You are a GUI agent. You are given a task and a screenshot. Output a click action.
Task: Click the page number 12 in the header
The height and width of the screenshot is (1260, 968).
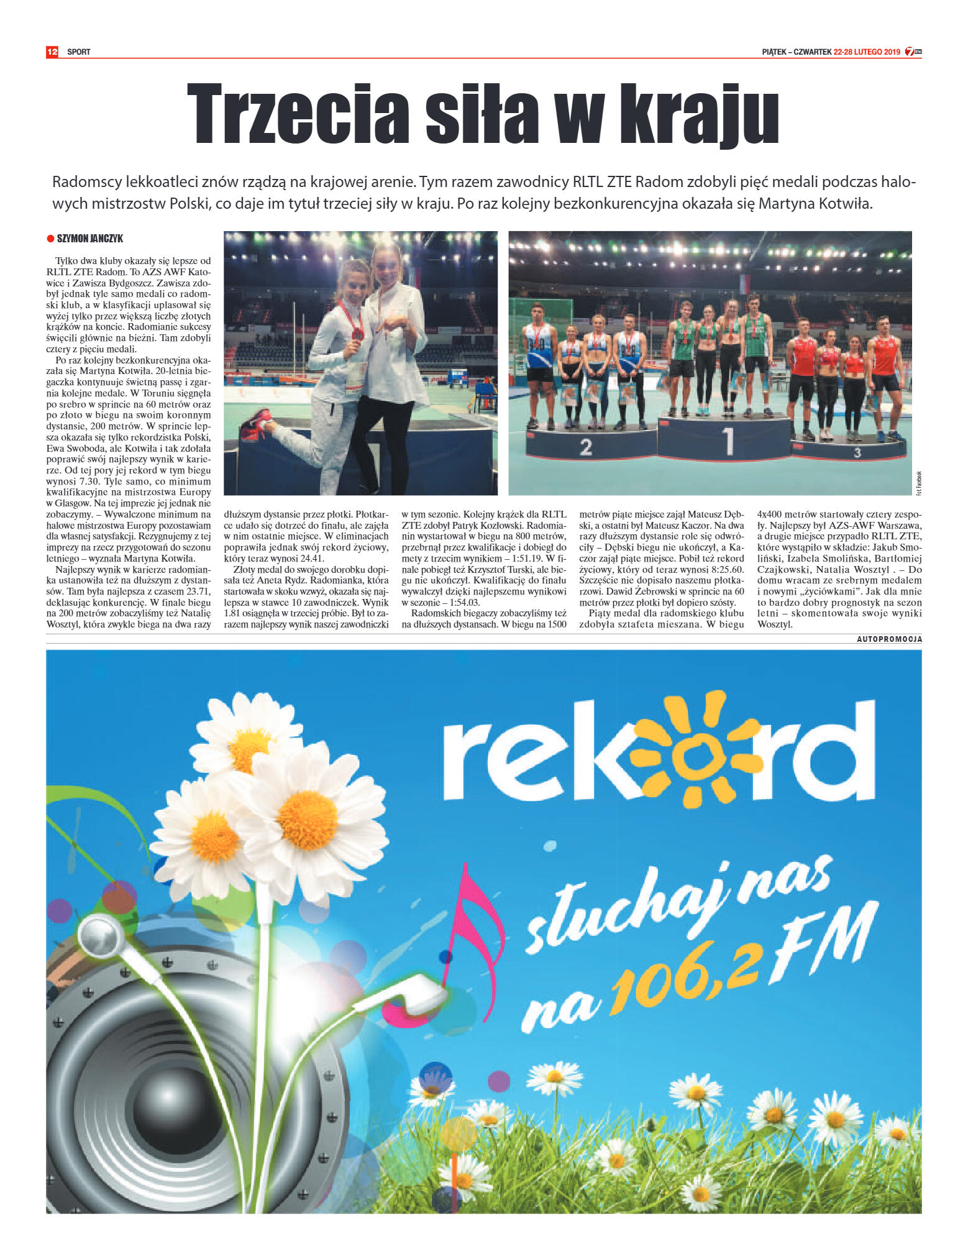coord(52,52)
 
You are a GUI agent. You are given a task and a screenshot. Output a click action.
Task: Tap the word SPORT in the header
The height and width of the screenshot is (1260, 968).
coord(79,52)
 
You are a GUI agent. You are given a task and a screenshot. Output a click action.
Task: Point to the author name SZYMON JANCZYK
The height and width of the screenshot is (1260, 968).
coord(89,239)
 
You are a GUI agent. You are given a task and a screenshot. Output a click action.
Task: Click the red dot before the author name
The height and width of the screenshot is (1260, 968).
coord(50,239)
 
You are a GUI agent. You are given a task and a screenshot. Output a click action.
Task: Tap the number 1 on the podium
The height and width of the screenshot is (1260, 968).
coord(728,441)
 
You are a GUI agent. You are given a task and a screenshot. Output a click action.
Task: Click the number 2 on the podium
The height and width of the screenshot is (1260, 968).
coord(585,447)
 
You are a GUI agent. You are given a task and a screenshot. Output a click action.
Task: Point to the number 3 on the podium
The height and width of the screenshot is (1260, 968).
coord(857,452)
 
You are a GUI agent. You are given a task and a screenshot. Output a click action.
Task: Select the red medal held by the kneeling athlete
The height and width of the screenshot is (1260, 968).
coord(358,334)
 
